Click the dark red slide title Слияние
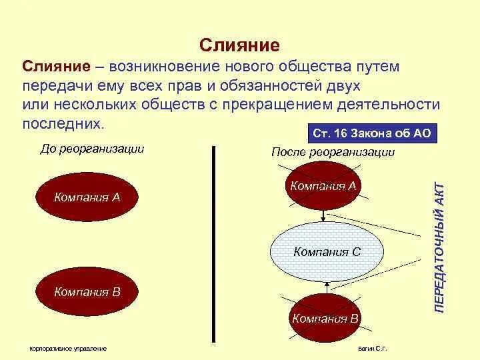pos(239,45)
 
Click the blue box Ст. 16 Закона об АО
pos(372,133)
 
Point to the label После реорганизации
pos(333,152)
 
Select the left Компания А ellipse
pos(87,197)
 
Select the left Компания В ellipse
pos(87,291)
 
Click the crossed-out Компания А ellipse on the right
pos(323,187)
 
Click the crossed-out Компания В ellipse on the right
pos(325,318)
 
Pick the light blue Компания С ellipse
pos(327,252)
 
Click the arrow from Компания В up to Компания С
pos(326,288)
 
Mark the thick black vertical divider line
pos(214,243)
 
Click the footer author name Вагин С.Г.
pos(372,349)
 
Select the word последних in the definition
pos(63,124)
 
